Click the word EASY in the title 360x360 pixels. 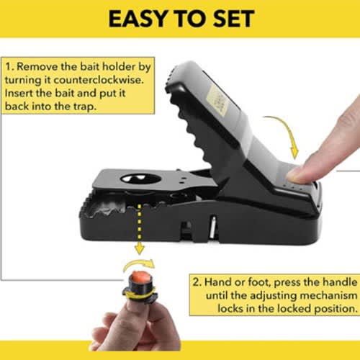138,19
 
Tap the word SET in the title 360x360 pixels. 234,19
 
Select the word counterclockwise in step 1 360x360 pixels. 99,80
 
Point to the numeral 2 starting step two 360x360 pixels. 196,282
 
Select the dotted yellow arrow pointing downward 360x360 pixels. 140,228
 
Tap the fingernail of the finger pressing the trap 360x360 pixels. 294,174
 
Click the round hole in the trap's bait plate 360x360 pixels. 140,179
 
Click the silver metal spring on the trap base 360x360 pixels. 213,228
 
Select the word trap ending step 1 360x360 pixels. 84,107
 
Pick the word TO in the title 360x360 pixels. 190,19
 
